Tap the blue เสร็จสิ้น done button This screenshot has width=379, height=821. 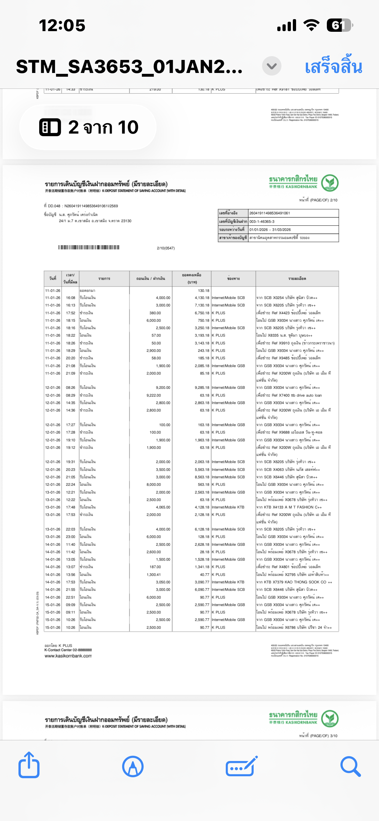click(333, 66)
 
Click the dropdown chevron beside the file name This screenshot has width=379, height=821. click(271, 66)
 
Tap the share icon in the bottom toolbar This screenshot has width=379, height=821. click(29, 766)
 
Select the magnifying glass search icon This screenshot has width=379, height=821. click(350, 767)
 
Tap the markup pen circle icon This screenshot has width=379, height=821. click(133, 767)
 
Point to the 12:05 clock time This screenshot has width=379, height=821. click(62, 25)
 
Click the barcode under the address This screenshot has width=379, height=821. click(89, 247)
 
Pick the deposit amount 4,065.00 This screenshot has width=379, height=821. click(163, 507)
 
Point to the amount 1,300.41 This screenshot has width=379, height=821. click(154, 575)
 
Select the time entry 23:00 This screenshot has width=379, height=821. click(71, 537)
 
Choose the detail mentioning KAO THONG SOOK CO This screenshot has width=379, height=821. click(294, 582)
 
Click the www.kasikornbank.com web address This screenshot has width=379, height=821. click(68, 656)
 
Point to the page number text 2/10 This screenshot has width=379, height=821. click(318, 200)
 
